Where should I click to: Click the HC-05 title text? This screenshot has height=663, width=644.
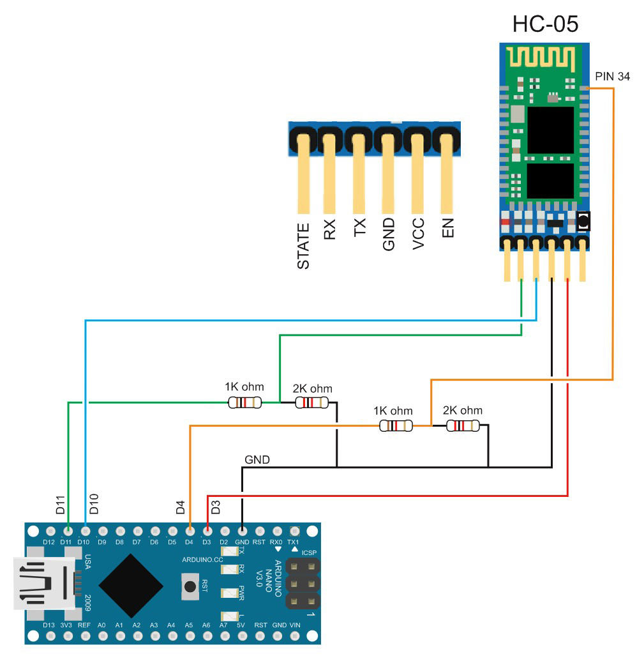(x=545, y=24)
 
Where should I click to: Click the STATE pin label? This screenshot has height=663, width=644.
(x=304, y=246)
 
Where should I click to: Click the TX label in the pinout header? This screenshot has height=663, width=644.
(x=360, y=229)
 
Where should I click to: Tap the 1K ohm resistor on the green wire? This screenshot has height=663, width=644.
(x=244, y=402)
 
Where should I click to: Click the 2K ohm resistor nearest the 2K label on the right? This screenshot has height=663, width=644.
(x=463, y=426)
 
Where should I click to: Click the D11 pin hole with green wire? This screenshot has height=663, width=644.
(x=68, y=531)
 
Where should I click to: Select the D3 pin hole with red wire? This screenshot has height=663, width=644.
(x=207, y=531)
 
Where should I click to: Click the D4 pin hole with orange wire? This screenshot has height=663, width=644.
(x=190, y=531)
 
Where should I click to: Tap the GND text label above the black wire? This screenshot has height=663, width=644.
(x=257, y=459)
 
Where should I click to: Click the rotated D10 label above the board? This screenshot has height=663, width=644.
(x=94, y=504)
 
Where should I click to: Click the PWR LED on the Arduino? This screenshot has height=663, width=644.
(x=228, y=592)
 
